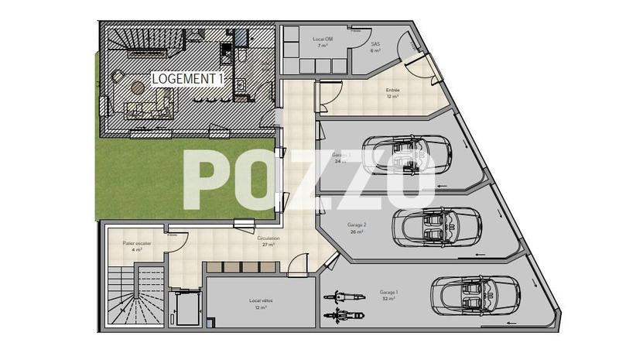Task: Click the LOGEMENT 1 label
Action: pos(188,78)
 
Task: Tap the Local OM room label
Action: pos(323,43)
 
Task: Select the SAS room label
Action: pos(376,47)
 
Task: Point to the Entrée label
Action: pos(393,93)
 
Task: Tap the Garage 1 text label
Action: pos(388,295)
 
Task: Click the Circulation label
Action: pos(268,242)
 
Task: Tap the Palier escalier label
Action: pos(137,246)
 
